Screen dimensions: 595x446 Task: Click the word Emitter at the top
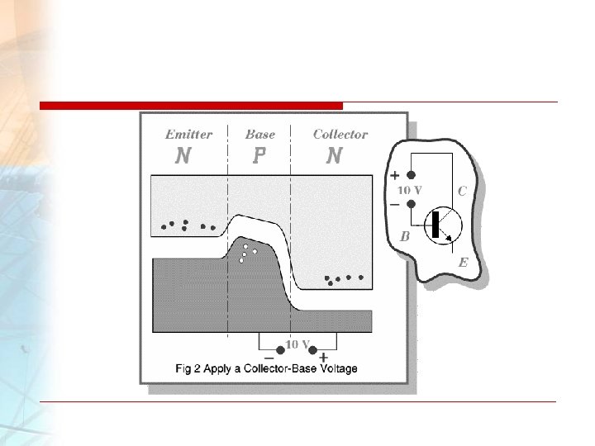click(x=188, y=134)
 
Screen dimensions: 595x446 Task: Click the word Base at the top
click(x=260, y=134)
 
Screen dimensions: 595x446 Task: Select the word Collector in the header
click(x=340, y=134)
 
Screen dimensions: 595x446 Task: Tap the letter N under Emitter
click(x=183, y=156)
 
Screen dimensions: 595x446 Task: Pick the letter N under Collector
click(x=334, y=156)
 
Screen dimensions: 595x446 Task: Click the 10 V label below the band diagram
click(x=297, y=343)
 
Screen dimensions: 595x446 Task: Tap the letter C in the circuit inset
click(x=462, y=191)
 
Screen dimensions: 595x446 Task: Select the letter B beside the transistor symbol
click(x=405, y=236)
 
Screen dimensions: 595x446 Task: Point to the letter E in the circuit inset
click(x=463, y=263)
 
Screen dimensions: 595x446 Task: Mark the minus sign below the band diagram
click(x=269, y=357)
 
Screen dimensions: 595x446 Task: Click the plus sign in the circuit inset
click(x=394, y=176)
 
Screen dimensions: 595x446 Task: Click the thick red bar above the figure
click(x=191, y=106)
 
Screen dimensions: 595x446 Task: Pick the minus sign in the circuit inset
click(x=394, y=203)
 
